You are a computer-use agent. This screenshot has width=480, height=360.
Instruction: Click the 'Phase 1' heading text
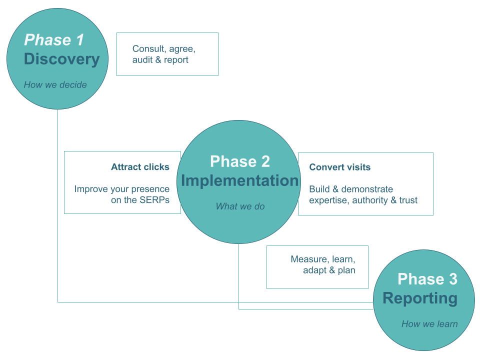pyautogui.click(x=54, y=40)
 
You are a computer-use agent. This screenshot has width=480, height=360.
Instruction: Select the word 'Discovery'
pyautogui.click(x=62, y=59)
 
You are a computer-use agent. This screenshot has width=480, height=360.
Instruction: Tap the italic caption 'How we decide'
pyautogui.click(x=55, y=85)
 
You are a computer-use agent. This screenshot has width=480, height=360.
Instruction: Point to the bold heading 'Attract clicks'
pyautogui.click(x=140, y=167)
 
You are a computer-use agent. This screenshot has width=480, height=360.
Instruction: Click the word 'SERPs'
pyautogui.click(x=154, y=200)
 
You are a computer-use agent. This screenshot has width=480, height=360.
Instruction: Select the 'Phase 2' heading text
pyautogui.click(x=240, y=161)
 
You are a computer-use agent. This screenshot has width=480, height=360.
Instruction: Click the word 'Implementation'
pyautogui.click(x=239, y=180)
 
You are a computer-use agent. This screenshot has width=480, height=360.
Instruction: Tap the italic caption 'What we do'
pyautogui.click(x=240, y=206)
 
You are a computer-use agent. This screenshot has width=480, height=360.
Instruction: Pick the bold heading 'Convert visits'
pyautogui.click(x=340, y=167)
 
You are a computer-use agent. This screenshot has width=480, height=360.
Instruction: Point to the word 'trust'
pyautogui.click(x=408, y=200)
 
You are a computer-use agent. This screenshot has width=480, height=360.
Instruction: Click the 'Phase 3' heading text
pyautogui.click(x=427, y=279)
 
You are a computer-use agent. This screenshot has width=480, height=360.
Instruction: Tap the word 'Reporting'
pyautogui.click(x=420, y=298)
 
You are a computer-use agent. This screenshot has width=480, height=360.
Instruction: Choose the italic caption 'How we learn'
pyautogui.click(x=430, y=324)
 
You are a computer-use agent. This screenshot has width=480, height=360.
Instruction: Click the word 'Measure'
pyautogui.click(x=309, y=259)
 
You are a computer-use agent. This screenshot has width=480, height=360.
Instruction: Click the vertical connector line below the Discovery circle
pyautogui.click(x=58, y=205)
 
